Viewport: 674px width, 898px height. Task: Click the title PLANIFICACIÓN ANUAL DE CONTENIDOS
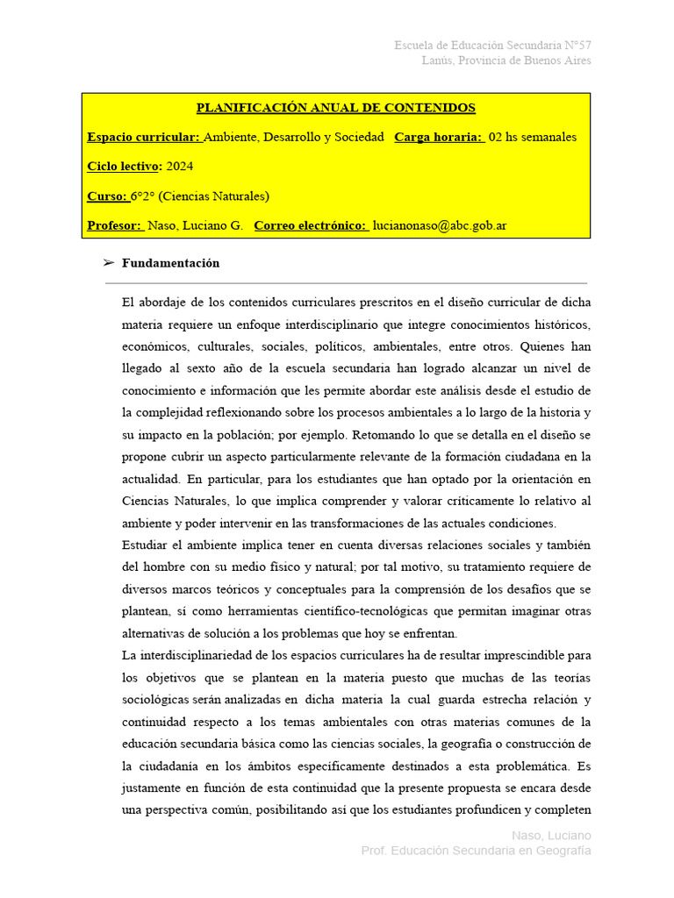335,108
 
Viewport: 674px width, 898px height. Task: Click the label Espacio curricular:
144,138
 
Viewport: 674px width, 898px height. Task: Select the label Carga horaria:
439,138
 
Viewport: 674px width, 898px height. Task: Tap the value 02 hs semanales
533,138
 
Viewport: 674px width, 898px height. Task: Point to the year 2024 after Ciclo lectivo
179,167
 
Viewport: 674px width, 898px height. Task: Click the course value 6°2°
143,196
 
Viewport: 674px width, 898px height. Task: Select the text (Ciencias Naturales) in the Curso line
213,196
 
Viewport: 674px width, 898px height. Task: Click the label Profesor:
115,225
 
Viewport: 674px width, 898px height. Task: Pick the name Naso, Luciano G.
195,225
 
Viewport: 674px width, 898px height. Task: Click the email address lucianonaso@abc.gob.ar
440,225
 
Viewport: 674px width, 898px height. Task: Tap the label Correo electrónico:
311,225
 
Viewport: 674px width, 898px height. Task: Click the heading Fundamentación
171,263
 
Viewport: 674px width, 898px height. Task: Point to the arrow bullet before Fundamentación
109,263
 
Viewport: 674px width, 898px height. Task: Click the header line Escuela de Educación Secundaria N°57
492,45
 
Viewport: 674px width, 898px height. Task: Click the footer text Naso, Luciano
551,835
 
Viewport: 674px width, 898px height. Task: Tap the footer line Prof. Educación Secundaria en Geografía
477,851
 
